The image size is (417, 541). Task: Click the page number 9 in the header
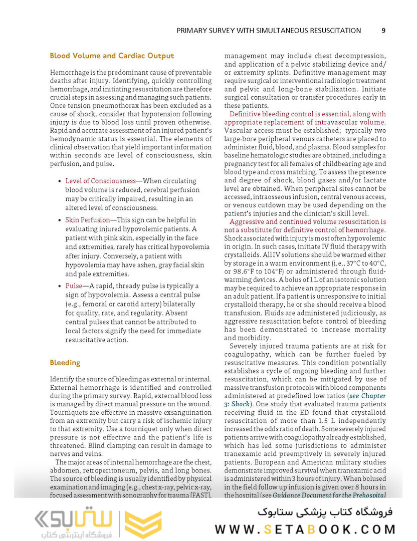point(383,30)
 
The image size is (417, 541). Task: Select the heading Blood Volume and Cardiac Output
point(112,56)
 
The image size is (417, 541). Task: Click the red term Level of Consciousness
point(101,181)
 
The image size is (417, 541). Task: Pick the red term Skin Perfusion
point(87,220)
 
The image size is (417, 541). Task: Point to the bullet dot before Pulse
point(60,287)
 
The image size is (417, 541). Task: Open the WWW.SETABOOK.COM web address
point(305,529)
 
